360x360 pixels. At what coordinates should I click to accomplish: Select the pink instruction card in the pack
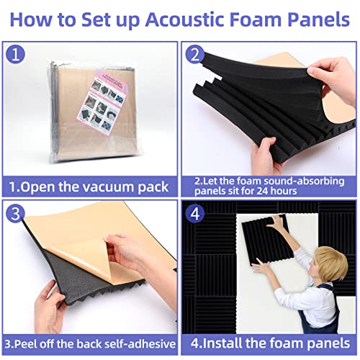(89, 97)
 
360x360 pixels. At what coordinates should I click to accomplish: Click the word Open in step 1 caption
(37, 187)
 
